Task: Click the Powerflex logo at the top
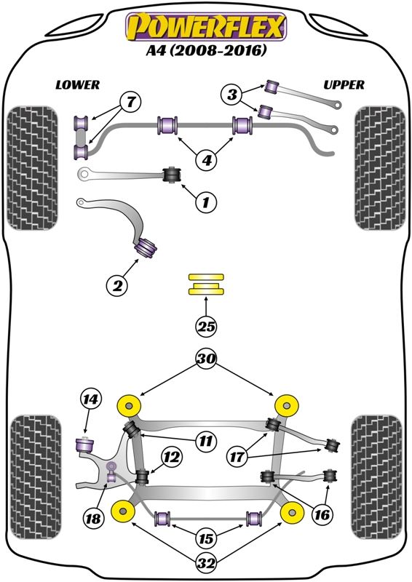pyautogui.click(x=206, y=27)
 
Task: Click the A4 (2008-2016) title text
pyautogui.click(x=206, y=51)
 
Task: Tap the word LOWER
pyautogui.click(x=78, y=85)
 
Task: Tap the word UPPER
pyautogui.click(x=344, y=85)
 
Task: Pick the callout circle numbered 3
pyautogui.click(x=232, y=93)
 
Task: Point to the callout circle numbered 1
pyautogui.click(x=205, y=202)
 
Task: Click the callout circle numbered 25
pyautogui.click(x=206, y=327)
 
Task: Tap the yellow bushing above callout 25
pyautogui.click(x=206, y=284)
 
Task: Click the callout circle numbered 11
pyautogui.click(x=206, y=440)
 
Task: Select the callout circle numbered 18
pyautogui.click(x=92, y=518)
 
